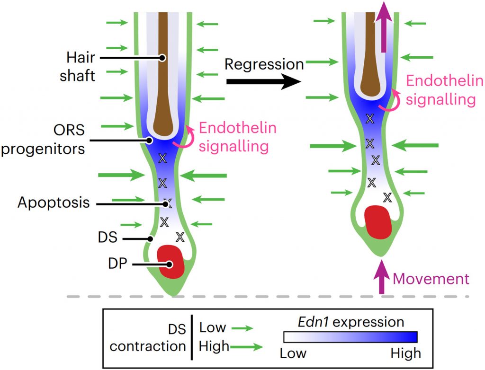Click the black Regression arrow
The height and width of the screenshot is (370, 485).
coord(263,82)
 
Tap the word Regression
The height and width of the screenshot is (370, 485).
coord(264,64)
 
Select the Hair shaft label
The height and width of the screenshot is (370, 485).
coord(81,67)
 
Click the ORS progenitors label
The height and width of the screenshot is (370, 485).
coord(44,140)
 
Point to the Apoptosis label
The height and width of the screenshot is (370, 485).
coord(54,203)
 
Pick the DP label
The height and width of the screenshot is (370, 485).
coord(117,264)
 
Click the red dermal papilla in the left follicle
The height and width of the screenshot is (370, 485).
coord(171,262)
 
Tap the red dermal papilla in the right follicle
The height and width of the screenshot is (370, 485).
coord(377,221)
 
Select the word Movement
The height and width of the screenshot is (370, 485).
coord(431,279)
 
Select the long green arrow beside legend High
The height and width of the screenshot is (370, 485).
coord(246,347)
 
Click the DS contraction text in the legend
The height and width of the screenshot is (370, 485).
coord(148,336)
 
